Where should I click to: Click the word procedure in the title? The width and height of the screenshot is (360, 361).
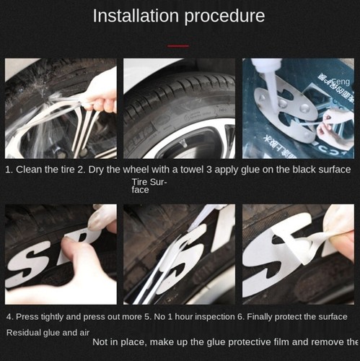pyautogui.click(x=224, y=16)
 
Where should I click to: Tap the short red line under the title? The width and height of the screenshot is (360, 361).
pyautogui.click(x=177, y=45)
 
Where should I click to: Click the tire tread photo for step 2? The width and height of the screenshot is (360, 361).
pyautogui.click(x=179, y=108)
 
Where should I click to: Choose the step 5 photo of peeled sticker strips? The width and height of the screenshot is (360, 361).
pyautogui.click(x=179, y=254)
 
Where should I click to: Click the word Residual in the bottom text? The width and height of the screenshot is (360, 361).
pyautogui.click(x=25, y=333)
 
